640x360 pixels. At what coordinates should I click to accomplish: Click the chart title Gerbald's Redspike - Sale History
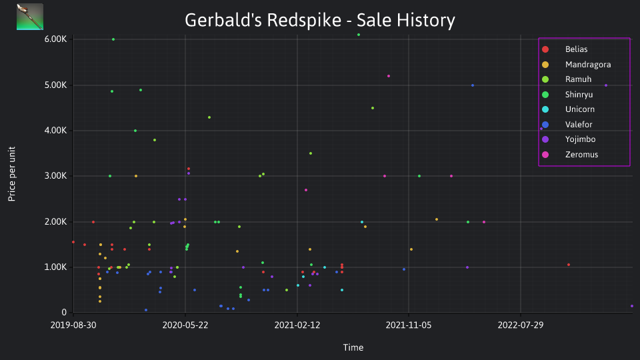point(319,20)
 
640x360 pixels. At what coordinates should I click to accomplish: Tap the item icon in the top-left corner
point(30,17)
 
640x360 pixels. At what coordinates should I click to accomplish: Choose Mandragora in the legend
point(576,65)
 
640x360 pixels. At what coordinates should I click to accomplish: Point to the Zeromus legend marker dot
point(545,155)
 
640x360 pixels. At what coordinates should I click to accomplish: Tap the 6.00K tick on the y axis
point(55,39)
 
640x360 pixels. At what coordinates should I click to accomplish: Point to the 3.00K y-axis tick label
point(55,176)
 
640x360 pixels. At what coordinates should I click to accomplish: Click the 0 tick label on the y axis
point(64,312)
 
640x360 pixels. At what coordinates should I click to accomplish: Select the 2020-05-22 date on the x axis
point(185,325)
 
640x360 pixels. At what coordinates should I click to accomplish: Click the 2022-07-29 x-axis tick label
point(521,325)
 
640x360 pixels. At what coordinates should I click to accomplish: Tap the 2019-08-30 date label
point(73,325)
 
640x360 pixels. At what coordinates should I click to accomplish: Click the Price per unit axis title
point(12,174)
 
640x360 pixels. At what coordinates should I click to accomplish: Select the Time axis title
point(353,347)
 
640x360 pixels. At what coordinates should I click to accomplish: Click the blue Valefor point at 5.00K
point(473,85)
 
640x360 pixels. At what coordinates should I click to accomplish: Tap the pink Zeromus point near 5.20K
point(389,76)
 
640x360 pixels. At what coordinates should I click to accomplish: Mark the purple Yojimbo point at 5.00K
point(606,85)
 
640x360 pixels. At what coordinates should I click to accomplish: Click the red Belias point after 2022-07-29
point(569,265)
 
